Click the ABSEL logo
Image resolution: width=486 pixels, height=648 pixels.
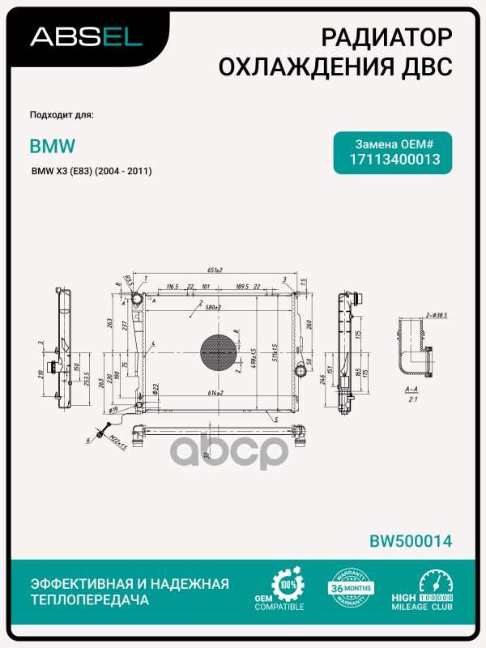[x=86, y=36]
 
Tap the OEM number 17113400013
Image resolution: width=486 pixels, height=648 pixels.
[x=394, y=160]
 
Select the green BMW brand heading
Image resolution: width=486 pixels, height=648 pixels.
[x=53, y=147]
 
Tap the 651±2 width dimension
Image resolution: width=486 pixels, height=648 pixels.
[x=214, y=269]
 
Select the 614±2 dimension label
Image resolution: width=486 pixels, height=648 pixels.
[x=214, y=392]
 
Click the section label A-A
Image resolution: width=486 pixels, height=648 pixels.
[x=411, y=389]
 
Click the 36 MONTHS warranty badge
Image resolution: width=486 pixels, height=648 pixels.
[x=350, y=589]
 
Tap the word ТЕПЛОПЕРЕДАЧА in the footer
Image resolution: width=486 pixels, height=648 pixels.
[x=89, y=601]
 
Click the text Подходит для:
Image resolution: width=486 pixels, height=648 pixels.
[x=61, y=114]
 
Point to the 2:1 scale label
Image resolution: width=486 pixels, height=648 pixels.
[x=411, y=400]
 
